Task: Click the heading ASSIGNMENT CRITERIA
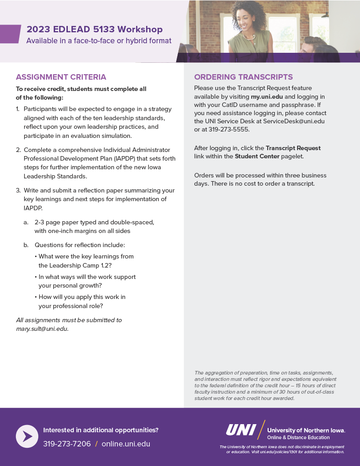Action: click(61, 77)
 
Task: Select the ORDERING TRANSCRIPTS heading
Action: click(243, 77)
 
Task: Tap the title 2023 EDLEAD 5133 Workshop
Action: click(95, 30)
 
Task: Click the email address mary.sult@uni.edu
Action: click(42, 329)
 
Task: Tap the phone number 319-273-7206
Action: click(67, 444)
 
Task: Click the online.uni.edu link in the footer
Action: click(126, 444)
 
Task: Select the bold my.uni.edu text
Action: click(267, 97)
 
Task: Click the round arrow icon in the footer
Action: click(27, 436)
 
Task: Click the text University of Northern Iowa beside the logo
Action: click(306, 430)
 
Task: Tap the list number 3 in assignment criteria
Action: click(18, 191)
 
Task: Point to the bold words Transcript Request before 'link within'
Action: click(293, 148)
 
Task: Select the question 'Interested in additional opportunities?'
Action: click(101, 430)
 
